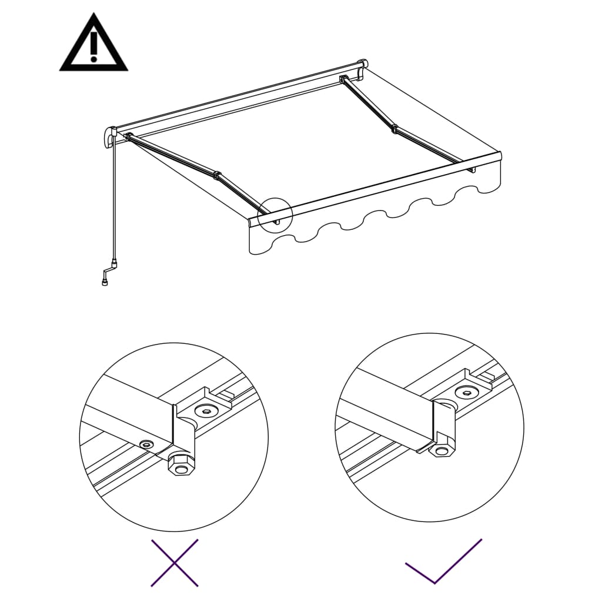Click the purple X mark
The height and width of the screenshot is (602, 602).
[175, 563]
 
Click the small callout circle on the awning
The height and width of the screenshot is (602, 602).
[275, 216]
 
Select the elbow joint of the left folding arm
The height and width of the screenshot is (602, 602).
[218, 175]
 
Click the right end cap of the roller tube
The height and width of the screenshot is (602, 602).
[363, 65]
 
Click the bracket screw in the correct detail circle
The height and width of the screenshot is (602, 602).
[467, 392]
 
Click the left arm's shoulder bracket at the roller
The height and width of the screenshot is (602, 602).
[128, 138]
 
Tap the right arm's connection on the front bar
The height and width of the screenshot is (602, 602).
[471, 169]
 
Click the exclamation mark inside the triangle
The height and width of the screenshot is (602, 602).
[93, 47]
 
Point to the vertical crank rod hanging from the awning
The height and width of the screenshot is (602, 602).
[114, 200]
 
